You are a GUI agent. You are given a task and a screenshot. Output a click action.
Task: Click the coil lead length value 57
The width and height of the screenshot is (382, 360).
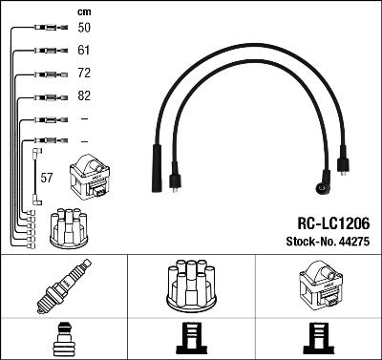47,178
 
